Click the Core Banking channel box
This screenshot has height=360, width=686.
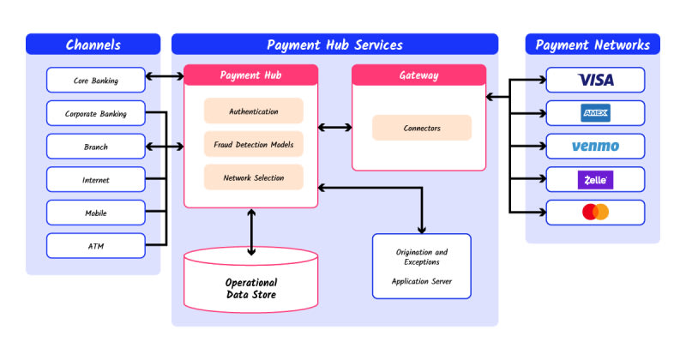pyautogui.click(x=95, y=81)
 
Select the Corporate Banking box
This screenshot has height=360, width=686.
pyautogui.click(x=95, y=113)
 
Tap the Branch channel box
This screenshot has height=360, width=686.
pyautogui.click(x=95, y=147)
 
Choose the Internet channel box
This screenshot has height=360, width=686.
pyautogui.click(x=95, y=180)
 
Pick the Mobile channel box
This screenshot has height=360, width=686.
pyautogui.click(x=95, y=213)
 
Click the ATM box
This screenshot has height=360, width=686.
pyautogui.click(x=95, y=246)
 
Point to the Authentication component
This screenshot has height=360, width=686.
pyautogui.click(x=253, y=111)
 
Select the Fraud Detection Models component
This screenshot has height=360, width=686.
pyautogui.click(x=253, y=144)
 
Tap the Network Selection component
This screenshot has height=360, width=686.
pyautogui.click(x=253, y=177)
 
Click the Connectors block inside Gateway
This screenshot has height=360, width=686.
pyautogui.click(x=422, y=128)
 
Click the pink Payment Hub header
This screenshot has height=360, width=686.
pyautogui.click(x=251, y=75)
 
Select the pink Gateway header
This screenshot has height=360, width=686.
pyautogui.click(x=419, y=75)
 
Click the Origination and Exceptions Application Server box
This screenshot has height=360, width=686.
pyautogui.click(x=421, y=266)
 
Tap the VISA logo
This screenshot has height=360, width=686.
pyautogui.click(x=595, y=81)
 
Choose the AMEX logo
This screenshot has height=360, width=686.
pyautogui.click(x=595, y=113)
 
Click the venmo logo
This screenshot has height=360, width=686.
pyautogui.click(x=595, y=147)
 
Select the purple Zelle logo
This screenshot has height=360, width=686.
pyautogui.click(x=595, y=179)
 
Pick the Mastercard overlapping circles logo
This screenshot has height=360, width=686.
pyautogui.click(x=595, y=212)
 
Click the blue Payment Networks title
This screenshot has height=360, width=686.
pyautogui.click(x=593, y=45)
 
